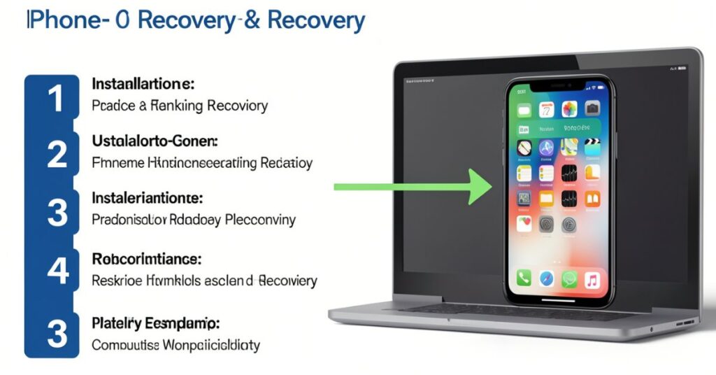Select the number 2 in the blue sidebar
click(57, 155)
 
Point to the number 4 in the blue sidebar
click(57, 269)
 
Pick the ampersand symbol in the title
click(252, 20)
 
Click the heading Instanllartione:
click(143, 84)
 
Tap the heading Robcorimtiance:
click(147, 259)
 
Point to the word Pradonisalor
click(129, 220)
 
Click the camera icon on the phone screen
click(592, 108)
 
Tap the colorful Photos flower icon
click(569, 108)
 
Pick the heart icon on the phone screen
click(524, 223)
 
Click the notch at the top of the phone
click(559, 84)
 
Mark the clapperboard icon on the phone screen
click(592, 147)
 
